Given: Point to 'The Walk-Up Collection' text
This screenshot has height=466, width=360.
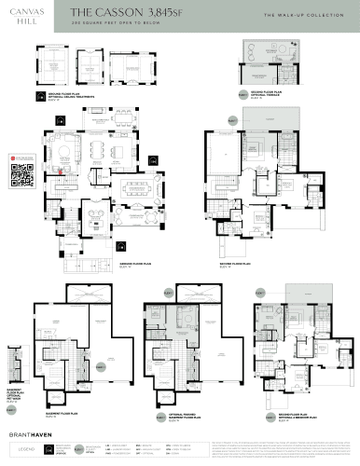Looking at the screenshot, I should [x=303, y=15].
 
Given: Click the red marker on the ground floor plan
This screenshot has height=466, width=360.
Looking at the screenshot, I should [x=62, y=171].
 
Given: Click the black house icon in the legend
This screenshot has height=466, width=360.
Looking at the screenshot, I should [x=54, y=451].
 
